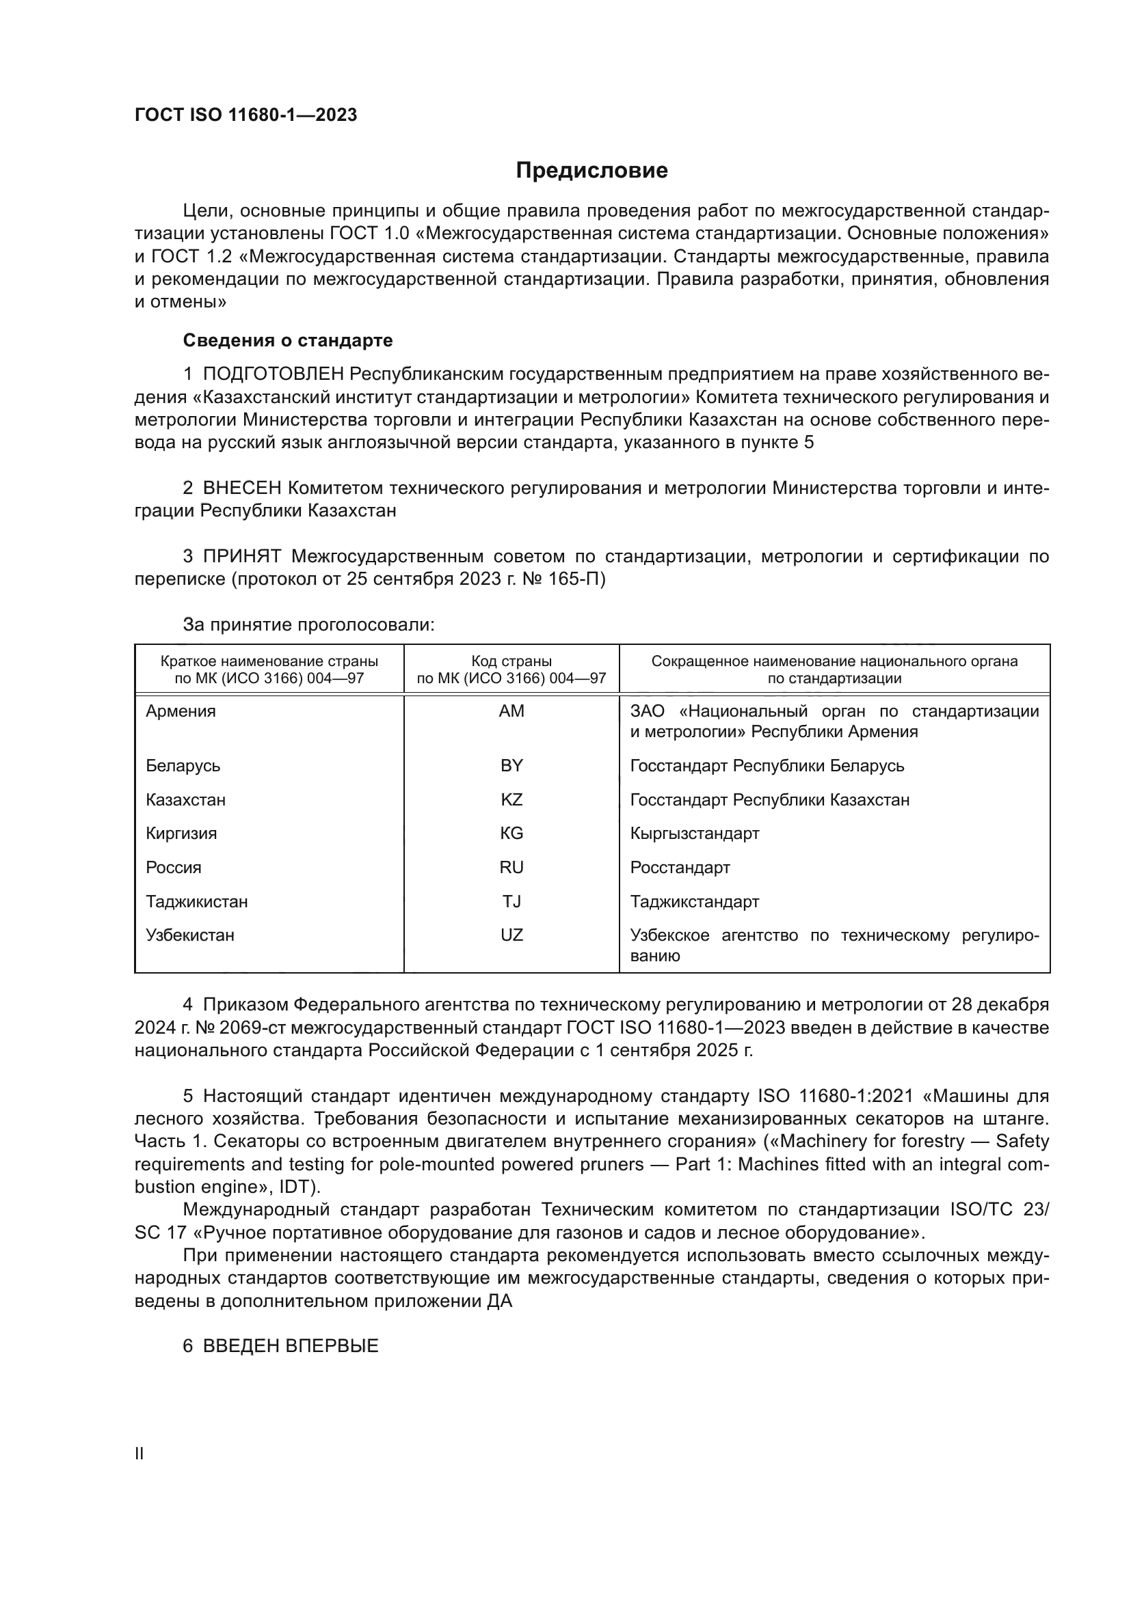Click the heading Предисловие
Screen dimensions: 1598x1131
point(591,171)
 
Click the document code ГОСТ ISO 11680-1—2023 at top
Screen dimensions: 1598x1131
point(246,115)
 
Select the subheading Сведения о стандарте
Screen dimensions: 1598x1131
point(288,340)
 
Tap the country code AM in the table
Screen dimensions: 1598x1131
point(511,711)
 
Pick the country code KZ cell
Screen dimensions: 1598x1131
point(511,800)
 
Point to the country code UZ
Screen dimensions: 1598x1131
point(511,935)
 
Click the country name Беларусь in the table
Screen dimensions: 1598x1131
point(183,766)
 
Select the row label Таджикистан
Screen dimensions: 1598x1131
point(196,901)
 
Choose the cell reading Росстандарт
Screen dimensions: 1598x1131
point(680,867)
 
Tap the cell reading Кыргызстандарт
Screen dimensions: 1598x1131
point(694,833)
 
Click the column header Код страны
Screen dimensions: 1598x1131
point(511,661)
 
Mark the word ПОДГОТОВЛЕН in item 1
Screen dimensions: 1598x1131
point(273,374)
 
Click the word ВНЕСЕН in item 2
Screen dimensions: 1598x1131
point(241,488)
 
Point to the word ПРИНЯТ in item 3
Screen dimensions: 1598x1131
point(241,556)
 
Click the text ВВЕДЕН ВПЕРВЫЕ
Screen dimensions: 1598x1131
point(290,1345)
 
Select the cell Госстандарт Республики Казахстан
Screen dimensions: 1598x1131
point(769,800)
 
